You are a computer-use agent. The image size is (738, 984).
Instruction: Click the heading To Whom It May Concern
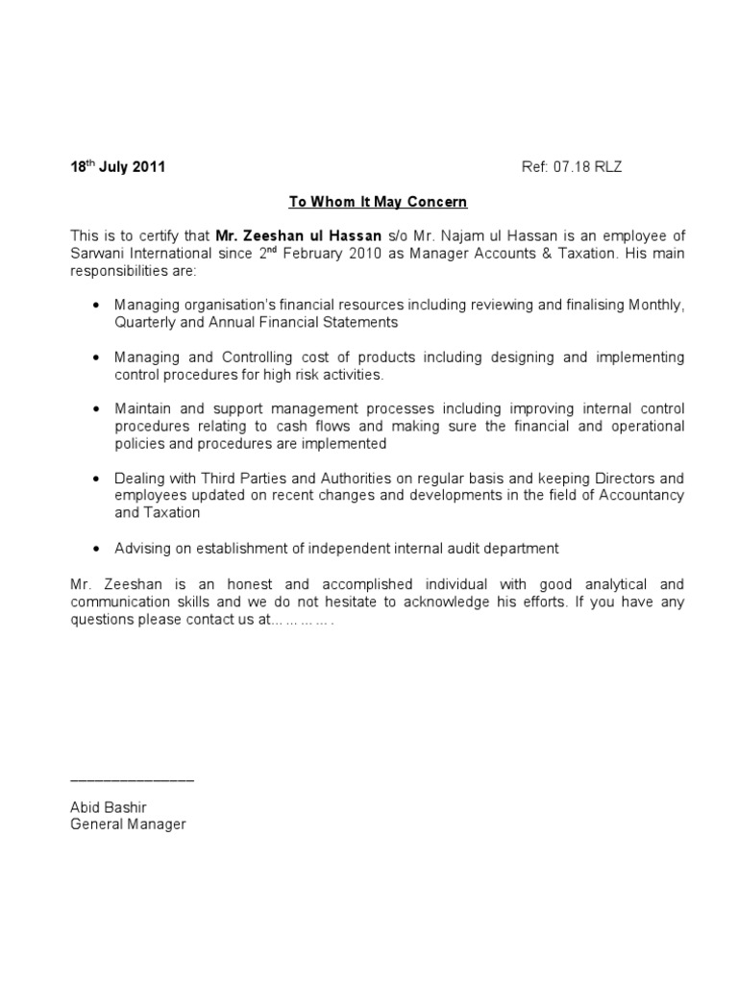pos(364,202)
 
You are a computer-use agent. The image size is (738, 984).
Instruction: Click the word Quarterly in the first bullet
pos(144,322)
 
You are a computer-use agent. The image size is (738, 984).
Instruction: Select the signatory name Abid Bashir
pos(109,807)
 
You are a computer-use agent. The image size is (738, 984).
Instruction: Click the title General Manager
pos(128,824)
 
